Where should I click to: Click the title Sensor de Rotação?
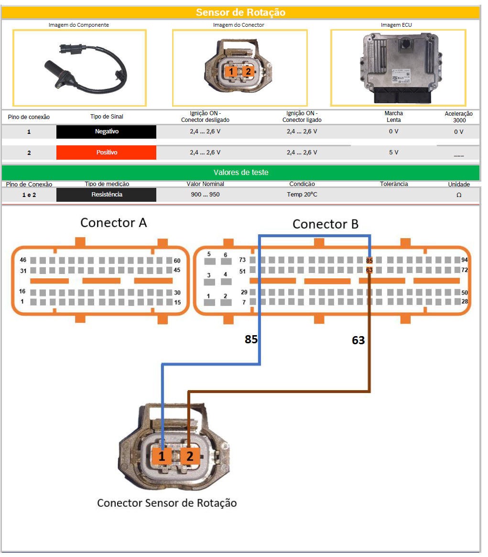coord(240,12)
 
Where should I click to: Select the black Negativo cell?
coord(106,131)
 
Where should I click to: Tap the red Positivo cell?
coord(106,153)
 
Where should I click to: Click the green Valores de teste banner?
coord(240,173)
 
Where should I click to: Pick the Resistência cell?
coord(106,195)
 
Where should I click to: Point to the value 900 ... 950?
coord(205,195)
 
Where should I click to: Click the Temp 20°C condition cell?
coord(303,195)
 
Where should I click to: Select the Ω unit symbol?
coord(459,195)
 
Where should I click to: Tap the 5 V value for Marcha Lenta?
coord(393,153)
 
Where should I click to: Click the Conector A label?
coord(114,223)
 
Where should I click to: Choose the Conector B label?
coord(325,224)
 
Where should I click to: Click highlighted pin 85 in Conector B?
coord(369,261)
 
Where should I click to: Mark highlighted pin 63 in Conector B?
coord(369,270)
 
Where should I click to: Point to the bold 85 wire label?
coord(251,339)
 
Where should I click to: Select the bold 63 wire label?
coord(358,340)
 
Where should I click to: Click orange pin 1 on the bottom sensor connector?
coord(162,457)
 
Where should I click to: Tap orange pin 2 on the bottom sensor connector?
coord(190,457)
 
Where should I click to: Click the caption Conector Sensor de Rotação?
coord(167,503)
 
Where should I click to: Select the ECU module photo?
coord(398,68)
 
